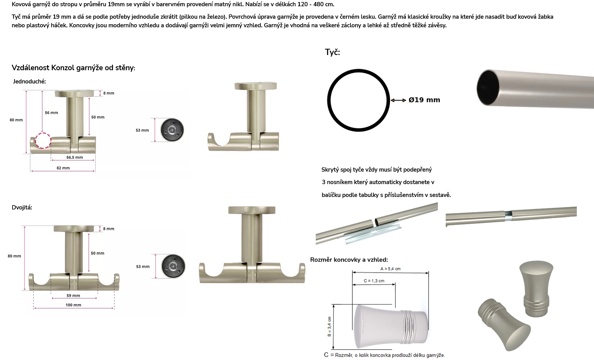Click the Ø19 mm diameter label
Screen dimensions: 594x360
click(424, 100)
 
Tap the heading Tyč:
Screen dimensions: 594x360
click(332, 52)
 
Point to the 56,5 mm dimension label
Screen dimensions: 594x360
click(75, 157)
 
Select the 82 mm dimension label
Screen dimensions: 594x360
click(63, 168)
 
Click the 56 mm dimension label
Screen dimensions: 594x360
click(52, 113)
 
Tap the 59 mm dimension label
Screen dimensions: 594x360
click(73, 296)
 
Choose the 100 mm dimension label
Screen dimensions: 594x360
click(73, 305)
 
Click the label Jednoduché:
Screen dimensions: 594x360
click(29, 82)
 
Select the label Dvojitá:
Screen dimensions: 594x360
click(22, 207)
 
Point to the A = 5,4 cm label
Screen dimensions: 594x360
click(390, 269)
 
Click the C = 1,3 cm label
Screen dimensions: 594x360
click(374, 281)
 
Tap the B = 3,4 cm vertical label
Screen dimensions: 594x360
click(329, 326)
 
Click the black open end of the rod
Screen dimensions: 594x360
click(488, 87)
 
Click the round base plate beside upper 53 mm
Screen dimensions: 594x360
click(172, 130)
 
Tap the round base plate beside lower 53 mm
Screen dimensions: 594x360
click(173, 266)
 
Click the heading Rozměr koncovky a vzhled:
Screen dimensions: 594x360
click(349, 260)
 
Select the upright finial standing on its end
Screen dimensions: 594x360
click(537, 289)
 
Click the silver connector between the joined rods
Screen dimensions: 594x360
click(508, 216)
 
